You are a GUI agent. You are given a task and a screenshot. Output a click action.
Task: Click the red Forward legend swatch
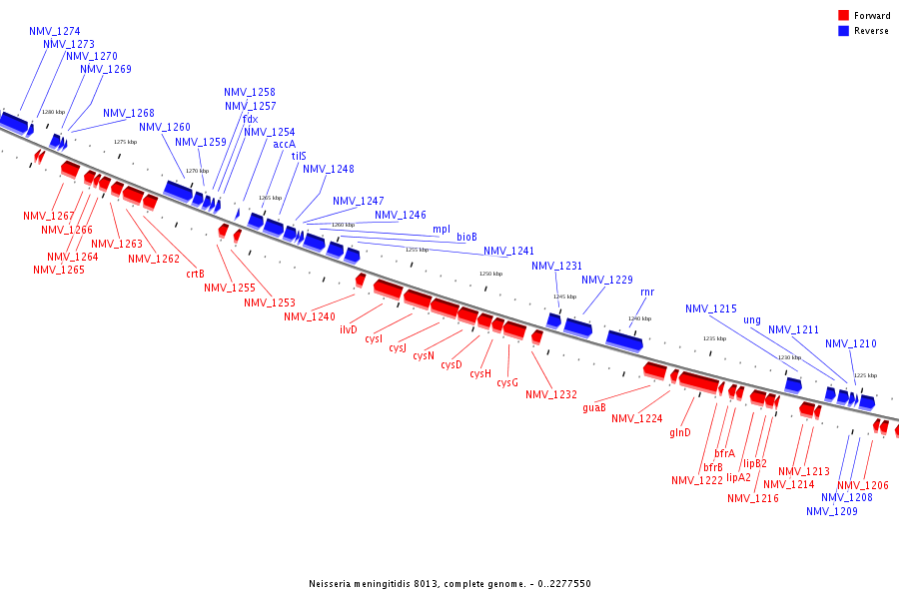(844, 16)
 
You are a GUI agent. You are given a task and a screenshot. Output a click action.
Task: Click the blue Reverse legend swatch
(844, 31)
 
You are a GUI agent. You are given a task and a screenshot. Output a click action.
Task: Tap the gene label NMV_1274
(55, 32)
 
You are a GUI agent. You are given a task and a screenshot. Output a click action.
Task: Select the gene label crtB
(195, 274)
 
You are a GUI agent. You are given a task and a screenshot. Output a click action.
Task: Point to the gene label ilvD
(349, 329)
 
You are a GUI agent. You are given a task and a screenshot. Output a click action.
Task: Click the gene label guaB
(594, 406)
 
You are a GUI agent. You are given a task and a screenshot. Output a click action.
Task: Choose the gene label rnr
(647, 293)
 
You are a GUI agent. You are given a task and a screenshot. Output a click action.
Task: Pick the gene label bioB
(466, 238)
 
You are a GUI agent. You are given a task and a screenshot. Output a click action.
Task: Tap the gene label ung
(752, 320)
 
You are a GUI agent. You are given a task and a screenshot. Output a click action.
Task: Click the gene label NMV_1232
(551, 394)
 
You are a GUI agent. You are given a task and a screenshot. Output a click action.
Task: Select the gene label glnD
(680, 432)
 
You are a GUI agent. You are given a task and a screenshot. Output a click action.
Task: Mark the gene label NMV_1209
(832, 511)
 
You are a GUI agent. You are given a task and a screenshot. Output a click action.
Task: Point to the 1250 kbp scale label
(490, 274)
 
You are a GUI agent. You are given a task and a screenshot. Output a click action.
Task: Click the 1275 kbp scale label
(125, 142)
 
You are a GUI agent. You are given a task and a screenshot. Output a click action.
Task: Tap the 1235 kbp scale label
(714, 338)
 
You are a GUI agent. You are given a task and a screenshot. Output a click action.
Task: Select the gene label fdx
(250, 119)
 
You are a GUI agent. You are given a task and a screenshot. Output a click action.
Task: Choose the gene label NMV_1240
(310, 316)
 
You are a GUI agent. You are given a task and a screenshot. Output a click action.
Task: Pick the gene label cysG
(507, 382)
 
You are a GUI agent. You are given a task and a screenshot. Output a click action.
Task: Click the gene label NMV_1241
(509, 252)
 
